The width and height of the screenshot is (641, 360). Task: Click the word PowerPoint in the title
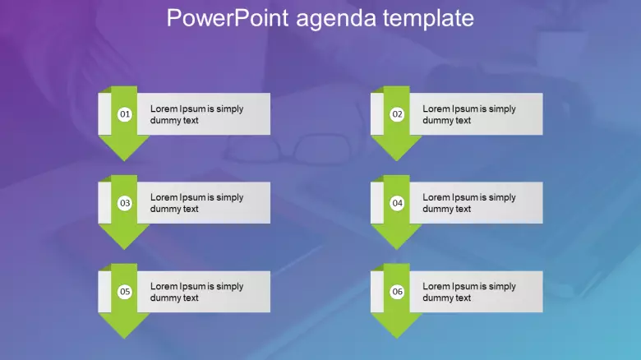coord(228,18)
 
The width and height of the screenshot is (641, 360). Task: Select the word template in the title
coord(428,19)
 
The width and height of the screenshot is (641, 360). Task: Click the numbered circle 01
coord(125,114)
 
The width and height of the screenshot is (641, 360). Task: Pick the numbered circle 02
coord(397,114)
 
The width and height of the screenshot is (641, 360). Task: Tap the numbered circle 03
coord(125,203)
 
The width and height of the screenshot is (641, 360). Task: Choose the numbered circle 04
coord(397,203)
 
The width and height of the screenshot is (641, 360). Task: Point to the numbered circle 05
coord(125,292)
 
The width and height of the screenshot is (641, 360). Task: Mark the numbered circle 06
coord(397,292)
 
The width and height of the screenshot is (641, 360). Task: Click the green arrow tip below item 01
coord(124,161)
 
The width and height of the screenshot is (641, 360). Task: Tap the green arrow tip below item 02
coord(397,161)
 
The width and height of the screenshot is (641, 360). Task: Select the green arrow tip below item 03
coord(124,250)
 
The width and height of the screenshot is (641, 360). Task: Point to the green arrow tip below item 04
coord(397,250)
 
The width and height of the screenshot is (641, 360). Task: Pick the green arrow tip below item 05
coord(124,339)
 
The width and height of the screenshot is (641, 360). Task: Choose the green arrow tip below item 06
coord(397,339)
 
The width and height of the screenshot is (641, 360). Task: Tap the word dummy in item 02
coord(438,121)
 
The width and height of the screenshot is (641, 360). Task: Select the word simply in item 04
coord(502,198)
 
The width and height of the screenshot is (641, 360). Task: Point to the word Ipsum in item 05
coord(192,287)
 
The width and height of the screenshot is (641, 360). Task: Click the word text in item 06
coord(463,298)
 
